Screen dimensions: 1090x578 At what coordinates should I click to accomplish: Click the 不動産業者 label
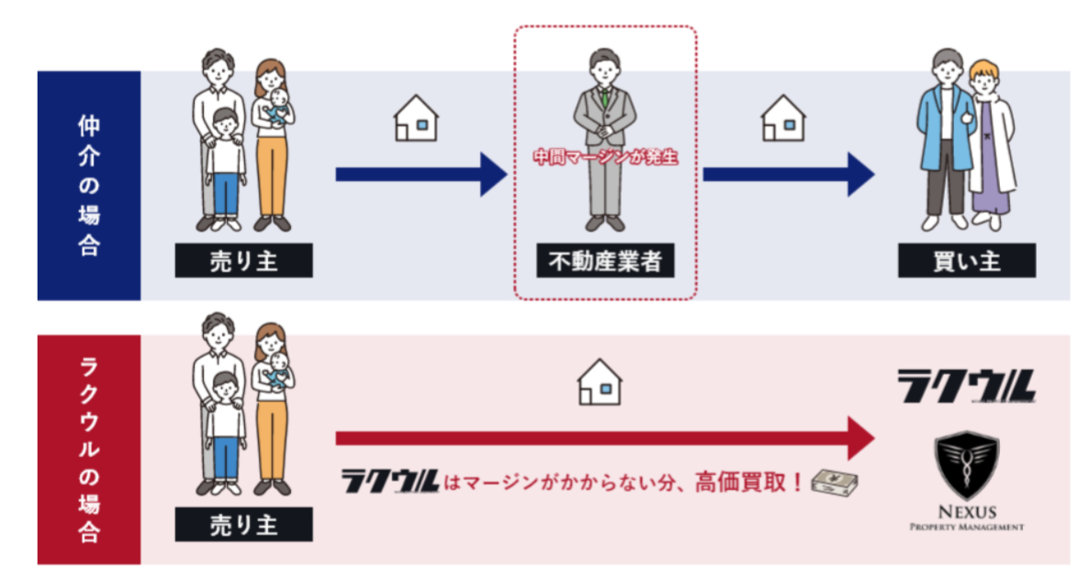click(x=605, y=261)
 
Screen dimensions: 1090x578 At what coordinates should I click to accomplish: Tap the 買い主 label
click(x=966, y=261)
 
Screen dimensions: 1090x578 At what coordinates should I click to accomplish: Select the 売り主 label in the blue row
click(x=243, y=261)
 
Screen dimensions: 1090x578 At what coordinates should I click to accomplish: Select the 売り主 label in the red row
click(x=243, y=525)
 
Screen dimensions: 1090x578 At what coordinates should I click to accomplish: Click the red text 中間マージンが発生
click(x=605, y=157)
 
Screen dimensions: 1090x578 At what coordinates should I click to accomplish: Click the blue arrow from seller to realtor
click(x=421, y=175)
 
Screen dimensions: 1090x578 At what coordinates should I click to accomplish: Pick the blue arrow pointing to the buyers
click(x=788, y=175)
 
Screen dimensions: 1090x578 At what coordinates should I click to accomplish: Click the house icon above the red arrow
click(x=600, y=382)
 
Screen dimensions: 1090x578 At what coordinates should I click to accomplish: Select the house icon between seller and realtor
click(x=416, y=119)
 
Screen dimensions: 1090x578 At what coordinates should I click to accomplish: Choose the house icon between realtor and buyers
click(x=783, y=119)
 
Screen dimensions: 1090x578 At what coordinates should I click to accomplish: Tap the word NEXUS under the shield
click(x=967, y=513)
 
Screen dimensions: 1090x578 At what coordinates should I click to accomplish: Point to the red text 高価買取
click(x=740, y=482)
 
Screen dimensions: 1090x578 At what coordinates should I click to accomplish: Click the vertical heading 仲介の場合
click(x=89, y=186)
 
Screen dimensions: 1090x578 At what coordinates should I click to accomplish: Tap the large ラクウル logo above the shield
click(x=966, y=386)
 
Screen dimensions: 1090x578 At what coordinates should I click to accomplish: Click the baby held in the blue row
click(x=278, y=106)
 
